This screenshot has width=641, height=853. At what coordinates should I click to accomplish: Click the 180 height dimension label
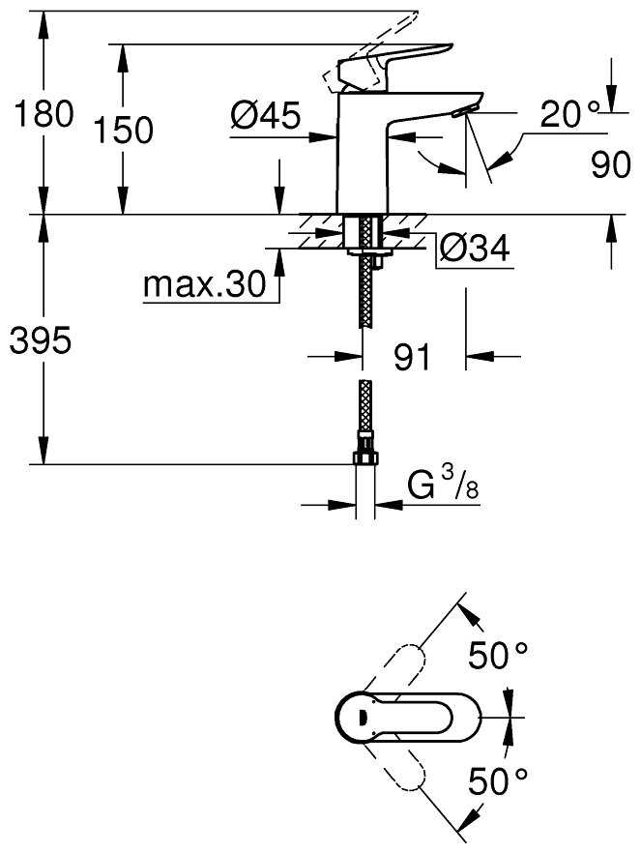coord(44,114)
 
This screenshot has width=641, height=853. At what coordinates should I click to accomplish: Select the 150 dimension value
coord(124,130)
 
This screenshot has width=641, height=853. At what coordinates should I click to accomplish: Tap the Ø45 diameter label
coord(265,115)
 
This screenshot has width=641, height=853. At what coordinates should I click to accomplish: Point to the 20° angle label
coord(569,113)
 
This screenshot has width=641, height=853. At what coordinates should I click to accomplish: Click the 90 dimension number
coord(611,163)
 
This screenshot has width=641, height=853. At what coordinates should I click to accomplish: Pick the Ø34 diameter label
coord(474,249)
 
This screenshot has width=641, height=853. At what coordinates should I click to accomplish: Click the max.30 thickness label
coord(204,284)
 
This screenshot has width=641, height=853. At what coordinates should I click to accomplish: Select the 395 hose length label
coord(41,341)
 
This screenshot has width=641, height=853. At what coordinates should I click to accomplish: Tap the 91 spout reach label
coord(412,357)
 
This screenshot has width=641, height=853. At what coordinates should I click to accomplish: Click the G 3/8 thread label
coord(443,484)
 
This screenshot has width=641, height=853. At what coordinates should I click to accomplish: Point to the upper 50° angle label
coord(498,655)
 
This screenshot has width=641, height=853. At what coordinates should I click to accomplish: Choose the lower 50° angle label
coord(498,781)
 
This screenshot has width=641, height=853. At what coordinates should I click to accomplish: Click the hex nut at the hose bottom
coord(365,456)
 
